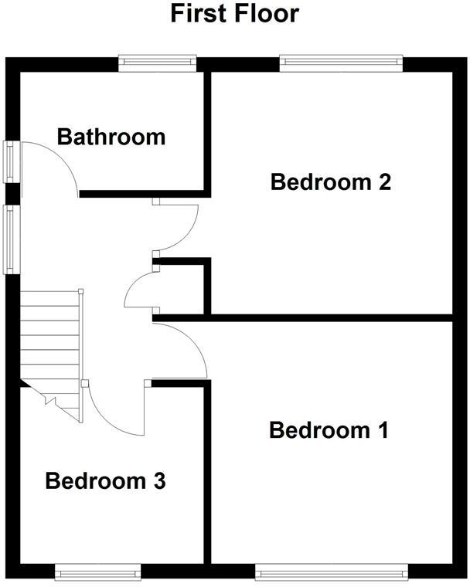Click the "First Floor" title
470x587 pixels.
click(x=234, y=13)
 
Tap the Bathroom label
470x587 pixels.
click(x=111, y=137)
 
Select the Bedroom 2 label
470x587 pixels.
click(x=331, y=182)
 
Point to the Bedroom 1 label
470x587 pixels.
click(x=328, y=429)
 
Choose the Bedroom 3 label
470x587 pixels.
click(x=105, y=481)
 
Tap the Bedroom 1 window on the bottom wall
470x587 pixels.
click(x=331, y=572)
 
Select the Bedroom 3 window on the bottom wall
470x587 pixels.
click(x=97, y=572)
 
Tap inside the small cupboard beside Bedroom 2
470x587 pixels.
click(x=182, y=290)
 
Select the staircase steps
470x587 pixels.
click(x=50, y=340)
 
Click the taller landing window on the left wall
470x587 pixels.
click(x=12, y=239)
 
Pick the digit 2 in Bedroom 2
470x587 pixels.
click(x=384, y=182)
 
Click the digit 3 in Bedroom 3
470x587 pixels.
click(x=158, y=481)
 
